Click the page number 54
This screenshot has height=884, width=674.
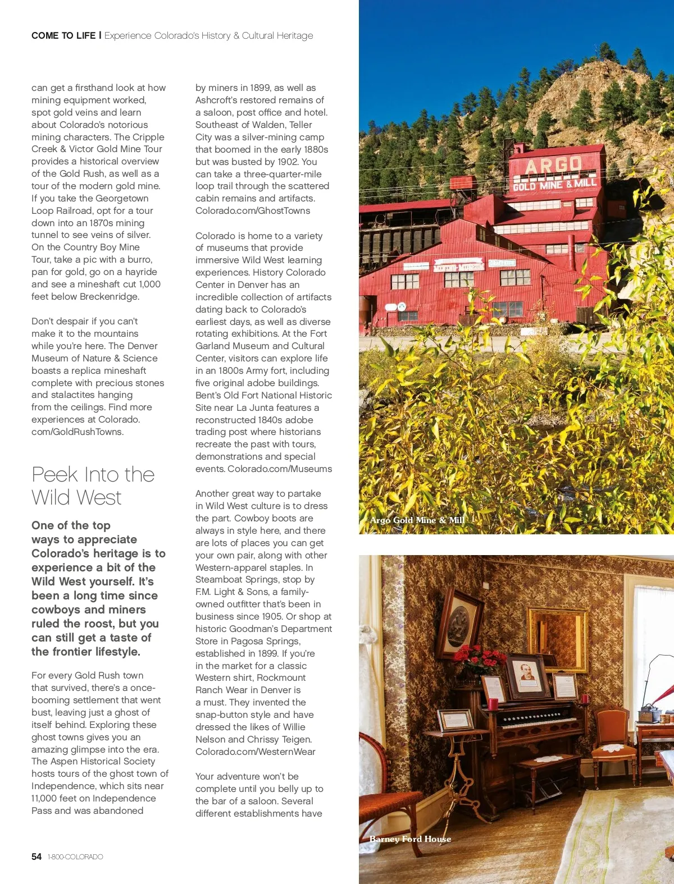coord(37,856)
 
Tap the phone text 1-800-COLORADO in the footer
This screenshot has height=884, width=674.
coord(75,857)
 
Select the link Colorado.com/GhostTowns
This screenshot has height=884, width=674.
coord(253,210)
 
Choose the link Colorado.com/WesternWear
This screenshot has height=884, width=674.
coord(256,752)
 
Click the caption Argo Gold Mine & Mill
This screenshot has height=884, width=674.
coord(417,520)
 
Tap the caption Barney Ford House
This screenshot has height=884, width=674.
coord(410,839)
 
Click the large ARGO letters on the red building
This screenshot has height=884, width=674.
coord(553,165)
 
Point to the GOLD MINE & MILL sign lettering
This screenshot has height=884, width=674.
coord(554,184)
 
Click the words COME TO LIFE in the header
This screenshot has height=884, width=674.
coord(63,35)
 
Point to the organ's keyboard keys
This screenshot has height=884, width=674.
coord(534,718)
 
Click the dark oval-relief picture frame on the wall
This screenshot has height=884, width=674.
coord(461,623)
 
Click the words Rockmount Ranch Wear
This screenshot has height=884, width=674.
coord(251,684)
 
